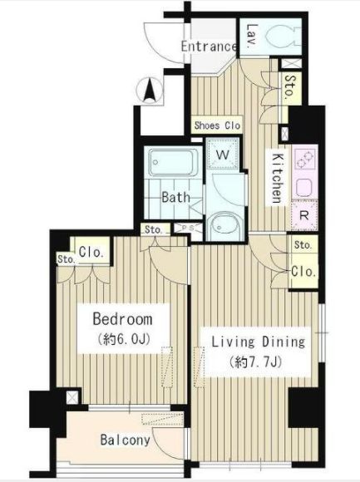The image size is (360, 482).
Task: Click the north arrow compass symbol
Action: pyautogui.click(x=150, y=90)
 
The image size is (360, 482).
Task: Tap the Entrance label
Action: pyautogui.click(x=209, y=47)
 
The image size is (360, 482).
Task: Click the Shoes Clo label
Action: pyautogui.click(x=217, y=125)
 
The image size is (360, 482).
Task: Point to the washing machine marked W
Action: pyautogui.click(x=223, y=154)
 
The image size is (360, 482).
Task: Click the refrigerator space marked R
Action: pyautogui.click(x=304, y=215)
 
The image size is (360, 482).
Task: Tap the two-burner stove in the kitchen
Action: pyautogui.click(x=304, y=160)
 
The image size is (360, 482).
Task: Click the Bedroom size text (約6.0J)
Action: pyautogui.click(x=124, y=339)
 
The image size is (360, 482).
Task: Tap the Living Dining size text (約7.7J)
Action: pyautogui.click(x=255, y=362)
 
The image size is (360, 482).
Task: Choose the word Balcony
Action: pyautogui.click(x=125, y=440)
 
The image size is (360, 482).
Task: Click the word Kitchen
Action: pyautogui.click(x=278, y=179)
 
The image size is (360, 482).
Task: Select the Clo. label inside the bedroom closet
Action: pyautogui.click(x=91, y=253)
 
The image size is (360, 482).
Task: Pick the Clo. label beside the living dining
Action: pyautogui.click(x=303, y=272)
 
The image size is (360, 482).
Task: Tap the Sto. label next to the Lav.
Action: pyautogui.click(x=289, y=86)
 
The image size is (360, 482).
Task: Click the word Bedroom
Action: pyautogui.click(x=122, y=319)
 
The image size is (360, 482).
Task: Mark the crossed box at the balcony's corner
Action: pyautogui.click(x=72, y=397)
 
